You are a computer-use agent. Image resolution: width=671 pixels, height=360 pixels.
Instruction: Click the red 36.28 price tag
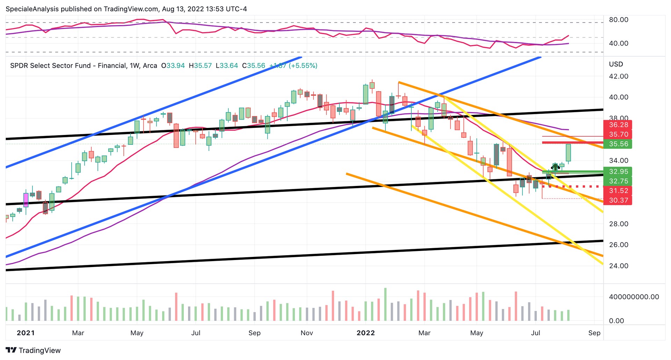point(618,125)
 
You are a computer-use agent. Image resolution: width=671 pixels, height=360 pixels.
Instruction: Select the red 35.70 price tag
point(618,134)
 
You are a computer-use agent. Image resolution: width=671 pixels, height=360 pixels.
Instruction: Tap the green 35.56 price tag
point(618,144)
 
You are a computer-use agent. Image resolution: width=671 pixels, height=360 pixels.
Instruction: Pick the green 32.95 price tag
point(618,172)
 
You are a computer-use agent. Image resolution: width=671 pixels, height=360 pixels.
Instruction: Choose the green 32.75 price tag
point(618,181)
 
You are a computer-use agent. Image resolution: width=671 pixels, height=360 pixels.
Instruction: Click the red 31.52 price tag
point(618,191)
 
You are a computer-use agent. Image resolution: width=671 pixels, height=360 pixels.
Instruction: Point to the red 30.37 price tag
point(618,200)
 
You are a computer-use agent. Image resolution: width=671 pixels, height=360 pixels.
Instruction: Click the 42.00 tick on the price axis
point(618,76)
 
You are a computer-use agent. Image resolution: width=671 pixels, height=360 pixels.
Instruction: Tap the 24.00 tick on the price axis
point(618,266)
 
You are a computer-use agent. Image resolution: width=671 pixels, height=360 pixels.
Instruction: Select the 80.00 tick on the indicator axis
point(618,20)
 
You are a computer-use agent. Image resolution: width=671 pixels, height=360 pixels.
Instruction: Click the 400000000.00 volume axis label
point(634,297)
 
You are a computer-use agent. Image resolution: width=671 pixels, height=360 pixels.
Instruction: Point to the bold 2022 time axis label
point(366,333)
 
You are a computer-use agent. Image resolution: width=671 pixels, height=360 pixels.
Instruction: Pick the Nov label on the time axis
point(306,333)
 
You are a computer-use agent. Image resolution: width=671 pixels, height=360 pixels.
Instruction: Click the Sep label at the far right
point(594,333)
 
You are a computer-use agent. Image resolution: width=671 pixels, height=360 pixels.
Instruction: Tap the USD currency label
point(616,64)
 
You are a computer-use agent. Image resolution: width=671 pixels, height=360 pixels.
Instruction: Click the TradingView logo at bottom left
point(33,350)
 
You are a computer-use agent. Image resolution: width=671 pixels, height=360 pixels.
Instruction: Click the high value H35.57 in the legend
point(200,66)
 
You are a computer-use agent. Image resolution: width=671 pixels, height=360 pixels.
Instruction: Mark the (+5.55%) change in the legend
point(303,66)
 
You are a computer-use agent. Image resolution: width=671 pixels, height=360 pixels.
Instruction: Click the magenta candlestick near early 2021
point(26,200)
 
